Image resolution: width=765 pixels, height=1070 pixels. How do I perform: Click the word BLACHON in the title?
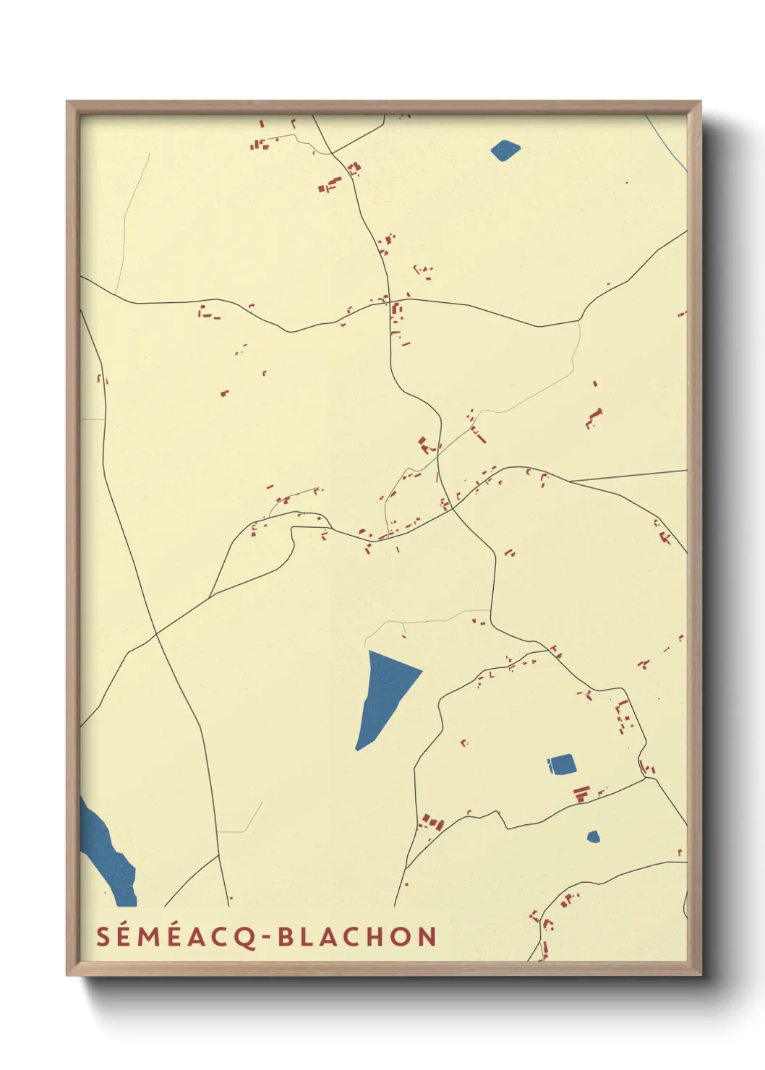[357, 937]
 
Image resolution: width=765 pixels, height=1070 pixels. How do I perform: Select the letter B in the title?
[286, 937]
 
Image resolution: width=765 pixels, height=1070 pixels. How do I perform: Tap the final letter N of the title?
[427, 937]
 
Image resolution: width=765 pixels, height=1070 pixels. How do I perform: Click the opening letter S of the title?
[103, 937]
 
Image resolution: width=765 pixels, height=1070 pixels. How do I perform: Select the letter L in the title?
[307, 937]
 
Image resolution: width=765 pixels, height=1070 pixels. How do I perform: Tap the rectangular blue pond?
[562, 764]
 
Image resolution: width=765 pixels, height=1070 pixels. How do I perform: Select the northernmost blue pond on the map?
[505, 150]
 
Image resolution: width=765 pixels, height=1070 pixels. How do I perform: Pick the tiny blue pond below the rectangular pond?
[593, 836]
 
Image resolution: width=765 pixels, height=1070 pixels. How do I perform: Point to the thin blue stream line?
[669, 145]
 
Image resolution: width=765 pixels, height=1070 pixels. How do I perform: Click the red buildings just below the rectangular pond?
[581, 793]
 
